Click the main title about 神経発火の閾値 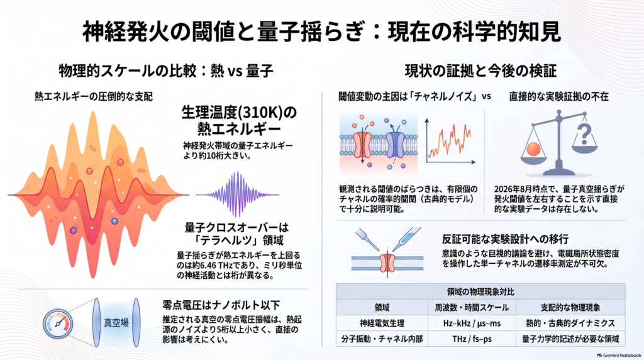[x=321, y=31]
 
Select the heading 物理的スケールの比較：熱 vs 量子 [x=166, y=70]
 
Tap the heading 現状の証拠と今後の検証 [x=480, y=70]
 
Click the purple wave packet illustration [x=237, y=194]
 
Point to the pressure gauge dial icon [x=58, y=324]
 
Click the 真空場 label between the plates [x=116, y=323]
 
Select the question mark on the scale [x=584, y=135]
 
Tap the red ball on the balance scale [x=533, y=149]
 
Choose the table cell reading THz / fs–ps [x=472, y=339]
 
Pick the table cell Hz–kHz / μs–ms [x=472, y=323]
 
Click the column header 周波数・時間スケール [x=472, y=307]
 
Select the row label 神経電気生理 [x=382, y=323]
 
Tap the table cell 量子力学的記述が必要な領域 [x=570, y=339]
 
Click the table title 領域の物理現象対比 [x=480, y=292]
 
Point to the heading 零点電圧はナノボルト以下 [x=221, y=305]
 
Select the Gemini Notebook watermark [x=619, y=356]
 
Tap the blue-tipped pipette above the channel [x=406, y=239]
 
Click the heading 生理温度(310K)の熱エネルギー [x=239, y=120]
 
